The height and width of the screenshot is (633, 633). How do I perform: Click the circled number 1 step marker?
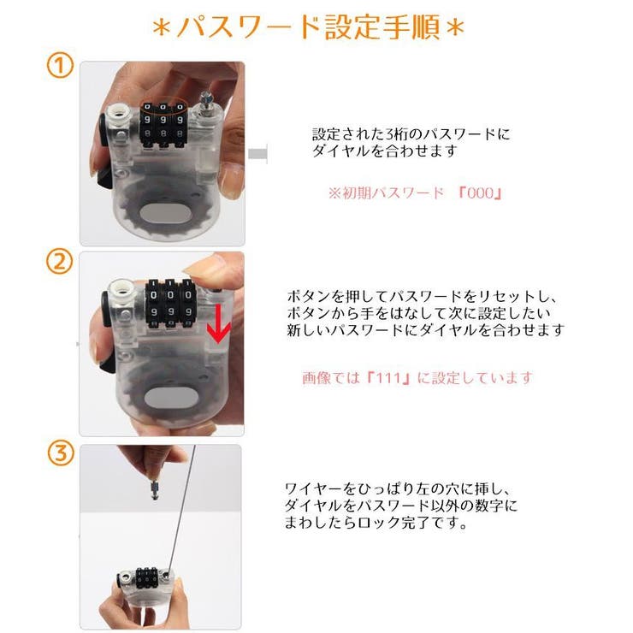tap(59, 67)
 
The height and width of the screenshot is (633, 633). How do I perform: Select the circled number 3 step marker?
tap(59, 454)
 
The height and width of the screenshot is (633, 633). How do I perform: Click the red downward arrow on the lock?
tap(220, 324)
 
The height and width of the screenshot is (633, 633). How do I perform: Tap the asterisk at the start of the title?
tap(162, 29)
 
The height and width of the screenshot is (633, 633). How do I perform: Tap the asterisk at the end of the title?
tap(456, 29)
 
